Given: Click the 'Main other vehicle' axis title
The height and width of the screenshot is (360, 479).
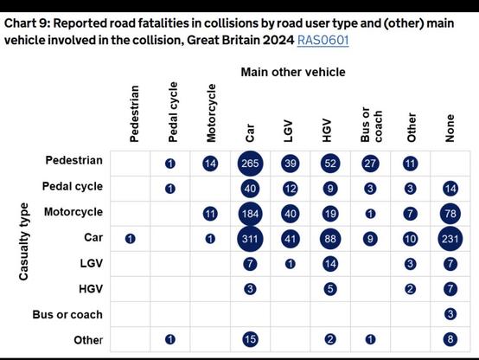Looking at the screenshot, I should point(292,72).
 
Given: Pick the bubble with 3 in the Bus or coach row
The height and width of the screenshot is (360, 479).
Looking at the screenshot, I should point(449,313).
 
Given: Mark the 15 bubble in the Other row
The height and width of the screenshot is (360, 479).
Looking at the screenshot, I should point(250,339).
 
